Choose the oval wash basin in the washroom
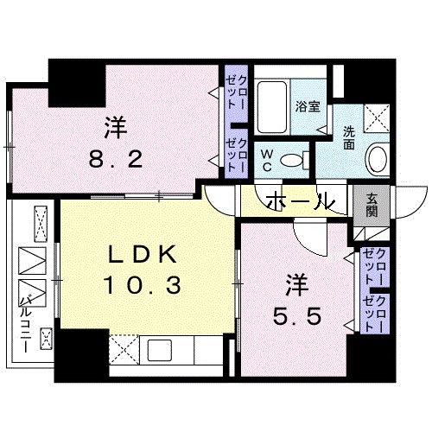click(377, 158)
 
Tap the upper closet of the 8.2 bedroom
click(235, 90)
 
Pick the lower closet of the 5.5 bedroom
click(374, 314)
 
